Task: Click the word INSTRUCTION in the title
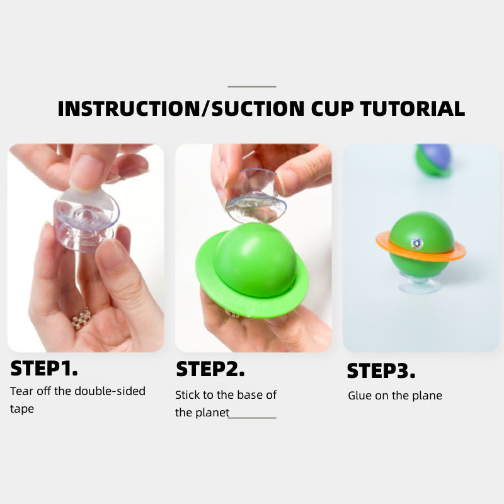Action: pyautogui.click(x=129, y=108)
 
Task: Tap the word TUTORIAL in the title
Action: pyautogui.click(x=413, y=108)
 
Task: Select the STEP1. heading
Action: pyautogui.click(x=44, y=369)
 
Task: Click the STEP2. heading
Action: pyautogui.click(x=210, y=369)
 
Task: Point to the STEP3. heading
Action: pyautogui.click(x=381, y=371)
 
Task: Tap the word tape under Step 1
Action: pyautogui.click(x=22, y=409)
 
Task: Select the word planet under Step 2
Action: pyautogui.click(x=212, y=413)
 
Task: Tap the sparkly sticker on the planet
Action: pyautogui.click(x=417, y=243)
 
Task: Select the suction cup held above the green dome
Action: pyautogui.click(x=256, y=197)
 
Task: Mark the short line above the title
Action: pyautogui.click(x=251, y=86)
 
